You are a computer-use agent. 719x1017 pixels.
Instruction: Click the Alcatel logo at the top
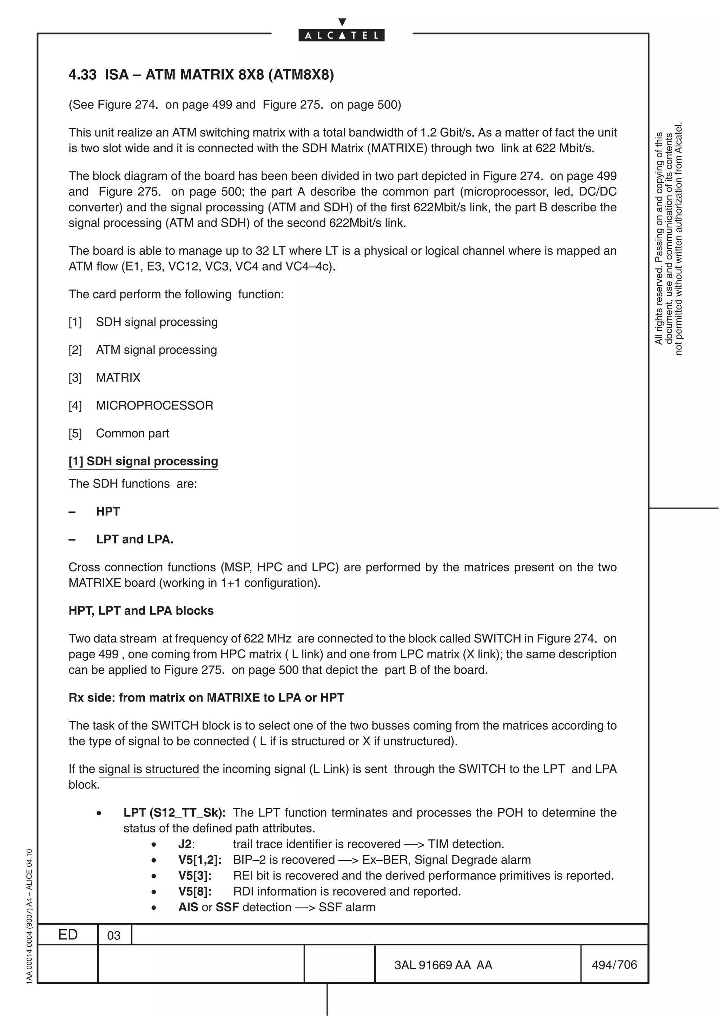(x=341, y=35)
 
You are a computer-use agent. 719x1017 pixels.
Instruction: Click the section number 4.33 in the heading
(x=83, y=74)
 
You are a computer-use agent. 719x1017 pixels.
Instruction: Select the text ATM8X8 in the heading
(x=301, y=74)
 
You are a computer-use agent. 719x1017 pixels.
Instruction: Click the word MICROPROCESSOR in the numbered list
(x=154, y=405)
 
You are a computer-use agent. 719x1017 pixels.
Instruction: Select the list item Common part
(x=132, y=433)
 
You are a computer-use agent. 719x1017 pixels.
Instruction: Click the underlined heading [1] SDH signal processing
(x=143, y=461)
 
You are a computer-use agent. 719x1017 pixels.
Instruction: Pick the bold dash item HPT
(x=108, y=511)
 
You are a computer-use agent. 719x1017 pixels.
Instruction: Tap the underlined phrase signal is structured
(x=149, y=769)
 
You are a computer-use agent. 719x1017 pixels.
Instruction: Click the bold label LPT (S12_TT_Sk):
(x=174, y=812)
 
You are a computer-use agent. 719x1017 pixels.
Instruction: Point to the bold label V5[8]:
(x=194, y=891)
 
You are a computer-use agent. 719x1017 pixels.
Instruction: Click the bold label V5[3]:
(x=194, y=875)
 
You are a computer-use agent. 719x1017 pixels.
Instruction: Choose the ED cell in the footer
(x=68, y=935)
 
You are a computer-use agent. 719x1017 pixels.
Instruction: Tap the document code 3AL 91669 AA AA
(x=443, y=965)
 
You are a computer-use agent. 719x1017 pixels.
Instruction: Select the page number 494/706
(x=614, y=965)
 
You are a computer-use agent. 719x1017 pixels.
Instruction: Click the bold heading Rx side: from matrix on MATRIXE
(x=206, y=698)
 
